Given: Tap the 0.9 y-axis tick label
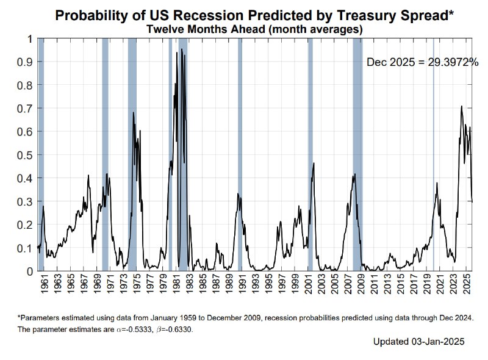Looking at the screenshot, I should pyautogui.click(x=25, y=62).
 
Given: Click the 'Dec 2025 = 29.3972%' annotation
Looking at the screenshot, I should pyautogui.click(x=422, y=62).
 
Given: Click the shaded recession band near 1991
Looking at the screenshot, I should pyautogui.click(x=240, y=153).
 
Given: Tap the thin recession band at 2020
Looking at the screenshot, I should pyautogui.click(x=434, y=153).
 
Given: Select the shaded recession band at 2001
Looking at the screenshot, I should pyautogui.click(x=310, y=153).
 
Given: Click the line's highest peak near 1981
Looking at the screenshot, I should pyautogui.click(x=181, y=49).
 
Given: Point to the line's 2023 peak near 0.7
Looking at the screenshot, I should pyautogui.click(x=461, y=107).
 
